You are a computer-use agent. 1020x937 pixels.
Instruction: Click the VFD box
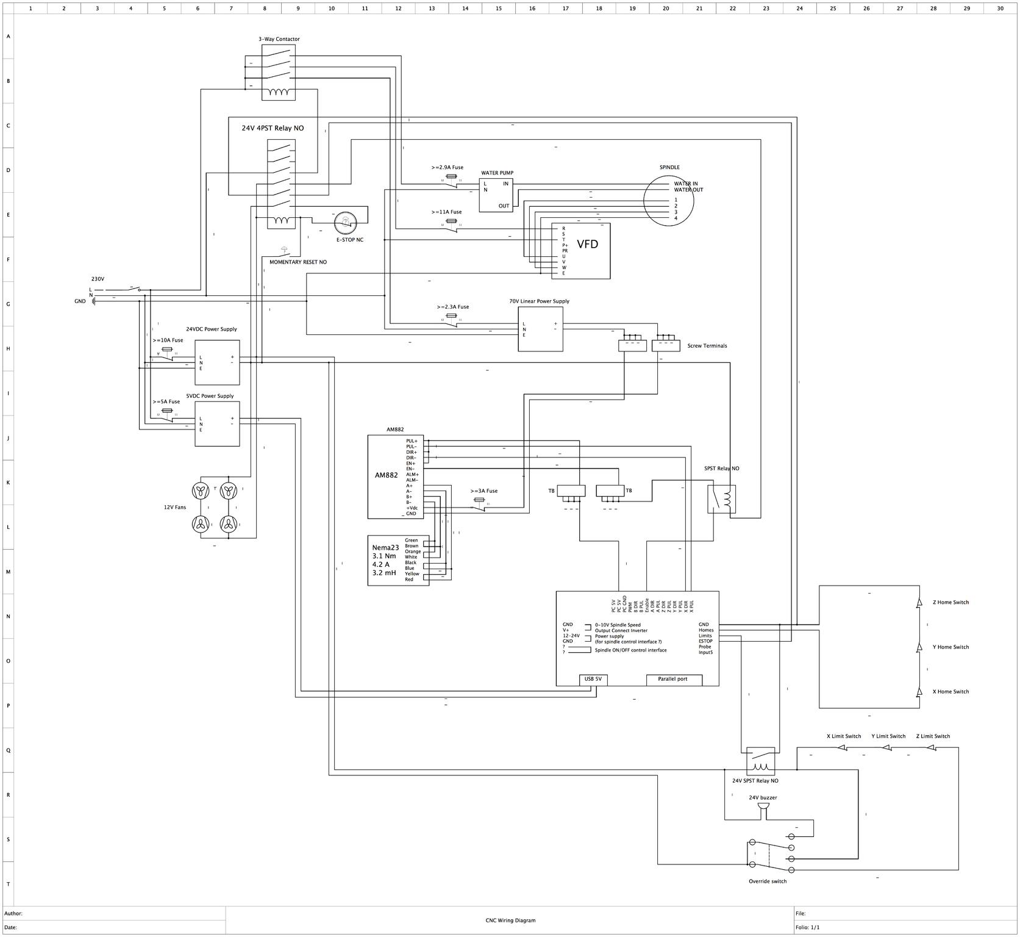(580, 251)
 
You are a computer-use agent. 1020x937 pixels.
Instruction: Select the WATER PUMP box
(496, 195)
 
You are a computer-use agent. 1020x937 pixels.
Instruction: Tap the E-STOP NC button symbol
(345, 223)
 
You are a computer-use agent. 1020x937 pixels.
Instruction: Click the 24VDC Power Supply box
(217, 362)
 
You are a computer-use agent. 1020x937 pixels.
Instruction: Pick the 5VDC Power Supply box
(217, 423)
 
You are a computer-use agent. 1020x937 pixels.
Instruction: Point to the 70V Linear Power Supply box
(540, 329)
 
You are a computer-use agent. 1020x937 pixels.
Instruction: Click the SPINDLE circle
(668, 200)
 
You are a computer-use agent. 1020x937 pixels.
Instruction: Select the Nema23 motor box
(398, 560)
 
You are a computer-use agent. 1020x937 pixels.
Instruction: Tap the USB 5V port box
(593, 680)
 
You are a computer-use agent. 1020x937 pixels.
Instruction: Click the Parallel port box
(673, 680)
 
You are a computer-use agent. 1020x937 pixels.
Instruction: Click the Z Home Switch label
(950, 603)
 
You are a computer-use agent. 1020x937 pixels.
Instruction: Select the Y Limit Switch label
(888, 736)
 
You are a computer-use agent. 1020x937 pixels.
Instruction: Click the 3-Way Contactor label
(279, 39)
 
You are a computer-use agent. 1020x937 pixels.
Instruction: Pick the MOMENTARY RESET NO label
(298, 262)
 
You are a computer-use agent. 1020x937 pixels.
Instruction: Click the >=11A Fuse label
(446, 212)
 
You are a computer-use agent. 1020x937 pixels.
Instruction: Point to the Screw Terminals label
(707, 346)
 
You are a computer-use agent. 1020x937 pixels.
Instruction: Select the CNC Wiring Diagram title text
(510, 921)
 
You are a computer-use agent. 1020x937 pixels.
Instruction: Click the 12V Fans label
(175, 507)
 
